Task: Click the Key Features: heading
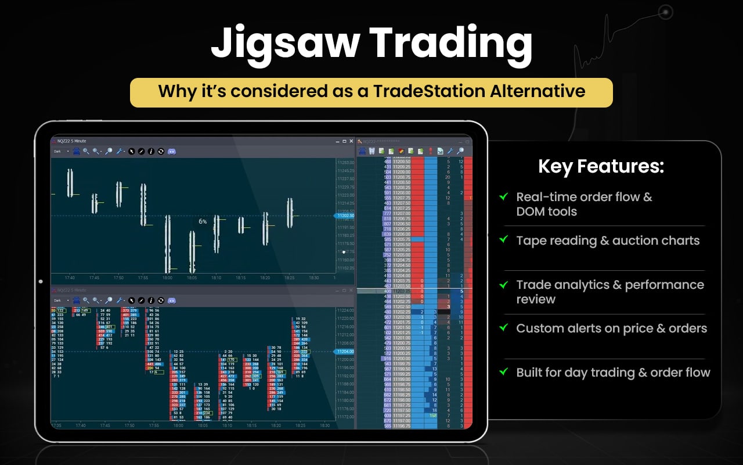point(601,167)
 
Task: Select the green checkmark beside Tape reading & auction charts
point(504,239)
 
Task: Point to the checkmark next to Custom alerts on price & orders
point(504,327)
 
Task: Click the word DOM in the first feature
point(529,212)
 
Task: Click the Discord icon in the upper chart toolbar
point(172,151)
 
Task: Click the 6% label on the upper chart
point(203,221)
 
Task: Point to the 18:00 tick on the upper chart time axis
point(167,278)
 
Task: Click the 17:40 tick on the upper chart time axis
point(70,278)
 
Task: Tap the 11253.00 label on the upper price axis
point(346,162)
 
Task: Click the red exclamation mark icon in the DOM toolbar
point(430,151)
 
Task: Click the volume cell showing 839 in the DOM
point(387,234)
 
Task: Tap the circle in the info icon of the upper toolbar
point(151,151)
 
